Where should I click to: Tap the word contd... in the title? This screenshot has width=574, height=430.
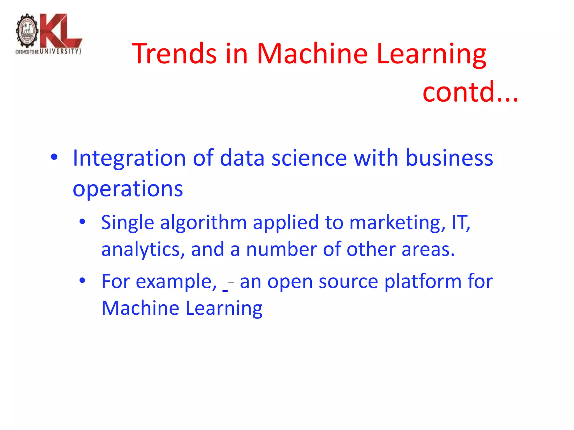pos(470,92)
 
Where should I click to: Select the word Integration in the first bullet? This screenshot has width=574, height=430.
pos(129,158)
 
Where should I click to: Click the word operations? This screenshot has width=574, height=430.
pos(128,189)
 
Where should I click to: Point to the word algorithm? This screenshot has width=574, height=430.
pos(203,223)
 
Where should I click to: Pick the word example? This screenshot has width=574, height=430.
pos(176,282)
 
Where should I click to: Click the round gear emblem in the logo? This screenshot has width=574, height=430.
pos(27,31)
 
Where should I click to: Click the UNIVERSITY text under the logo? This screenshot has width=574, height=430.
pos(60,52)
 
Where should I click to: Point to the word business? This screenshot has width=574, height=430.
pos(449,158)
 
